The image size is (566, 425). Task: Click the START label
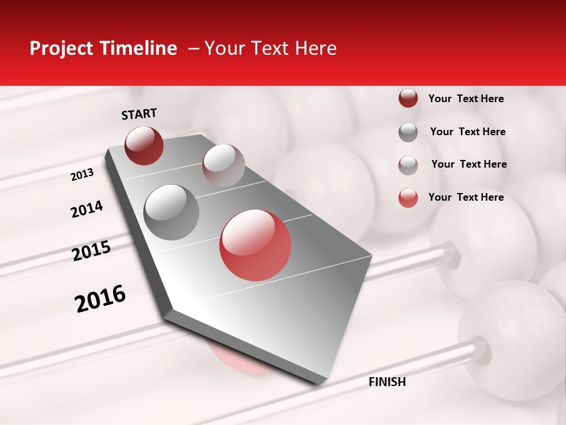coord(139,114)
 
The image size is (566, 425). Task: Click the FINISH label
coord(387,382)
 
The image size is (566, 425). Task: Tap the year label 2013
coord(82,175)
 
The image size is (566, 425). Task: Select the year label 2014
coord(87,210)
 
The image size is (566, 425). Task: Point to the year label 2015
coord(91,251)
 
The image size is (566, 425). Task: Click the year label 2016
coord(100,299)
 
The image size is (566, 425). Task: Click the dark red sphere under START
coord(144,145)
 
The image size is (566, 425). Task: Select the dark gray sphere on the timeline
coord(172,212)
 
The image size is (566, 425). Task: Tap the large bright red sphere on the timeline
coord(255,245)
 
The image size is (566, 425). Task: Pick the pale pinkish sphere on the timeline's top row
coord(223,165)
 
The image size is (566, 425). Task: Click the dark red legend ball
coord(408,99)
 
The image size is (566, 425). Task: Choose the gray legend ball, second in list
coord(408,132)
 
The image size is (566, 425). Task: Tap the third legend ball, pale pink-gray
coord(408,165)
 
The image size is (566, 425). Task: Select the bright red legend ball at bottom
coord(408,198)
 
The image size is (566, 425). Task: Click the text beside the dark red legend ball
coord(466,99)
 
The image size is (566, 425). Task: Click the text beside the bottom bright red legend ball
coord(466,197)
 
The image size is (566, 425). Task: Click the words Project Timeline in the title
coord(103,48)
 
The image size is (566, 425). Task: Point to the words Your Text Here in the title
coord(271,48)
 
